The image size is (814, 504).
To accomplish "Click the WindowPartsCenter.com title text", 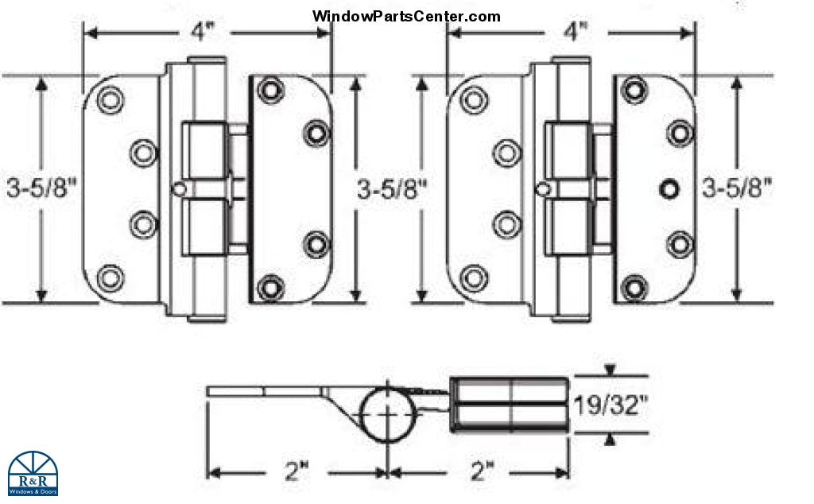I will click(x=406, y=16).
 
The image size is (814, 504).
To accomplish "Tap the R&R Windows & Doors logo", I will click(x=33, y=474).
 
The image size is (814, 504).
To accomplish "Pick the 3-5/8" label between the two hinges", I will click(x=392, y=190).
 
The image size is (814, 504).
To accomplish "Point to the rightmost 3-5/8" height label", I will click(x=737, y=190).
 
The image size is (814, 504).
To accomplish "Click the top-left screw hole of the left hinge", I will click(x=110, y=99).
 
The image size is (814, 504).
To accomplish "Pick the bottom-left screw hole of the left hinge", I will click(x=110, y=277).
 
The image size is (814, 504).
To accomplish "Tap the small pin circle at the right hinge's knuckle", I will click(x=544, y=188).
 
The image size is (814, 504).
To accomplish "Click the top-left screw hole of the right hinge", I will click(x=475, y=99).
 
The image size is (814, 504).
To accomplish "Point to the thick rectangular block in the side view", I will click(x=510, y=405).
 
